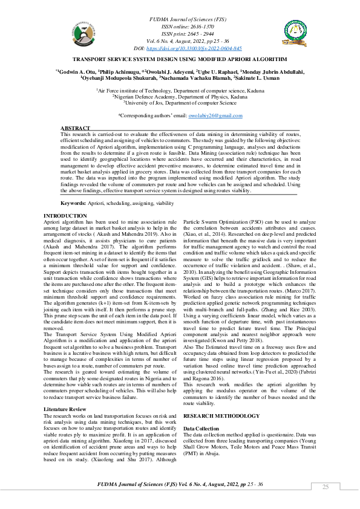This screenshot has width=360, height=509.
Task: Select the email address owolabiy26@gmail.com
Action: point(215,115)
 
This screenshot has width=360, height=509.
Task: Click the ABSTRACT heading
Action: point(75,129)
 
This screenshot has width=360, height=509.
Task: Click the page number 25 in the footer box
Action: point(325,487)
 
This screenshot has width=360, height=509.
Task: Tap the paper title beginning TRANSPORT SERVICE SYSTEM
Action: point(180,60)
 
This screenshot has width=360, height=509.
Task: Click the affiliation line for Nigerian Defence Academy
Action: point(180,96)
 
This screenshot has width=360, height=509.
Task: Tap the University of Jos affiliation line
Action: point(180,103)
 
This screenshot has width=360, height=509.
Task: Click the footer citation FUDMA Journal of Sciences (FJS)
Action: point(145,485)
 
